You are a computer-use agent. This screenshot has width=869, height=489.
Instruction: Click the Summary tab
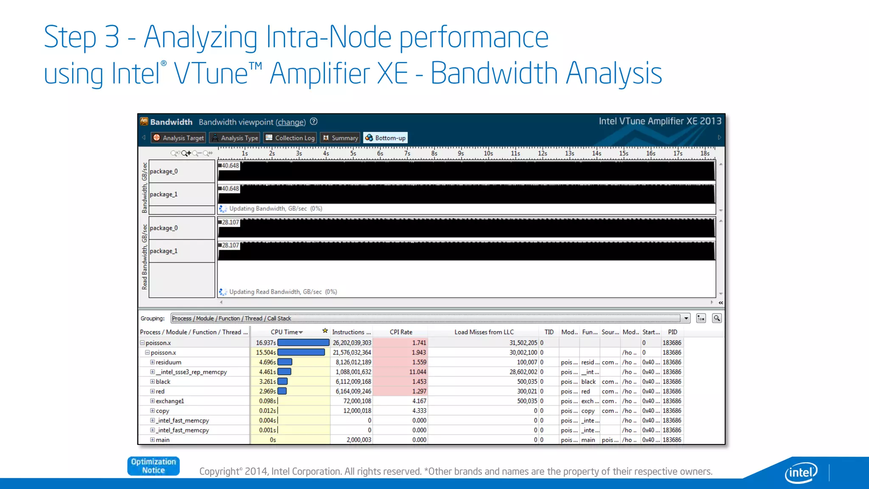(x=340, y=138)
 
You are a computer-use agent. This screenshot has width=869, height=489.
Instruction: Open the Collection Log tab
(x=290, y=138)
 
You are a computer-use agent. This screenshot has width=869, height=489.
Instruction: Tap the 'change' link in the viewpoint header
(x=291, y=122)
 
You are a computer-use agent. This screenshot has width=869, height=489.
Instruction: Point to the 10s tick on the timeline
(x=488, y=154)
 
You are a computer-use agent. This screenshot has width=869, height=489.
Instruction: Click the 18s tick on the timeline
(x=704, y=154)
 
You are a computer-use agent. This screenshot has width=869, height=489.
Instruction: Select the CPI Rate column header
(x=401, y=332)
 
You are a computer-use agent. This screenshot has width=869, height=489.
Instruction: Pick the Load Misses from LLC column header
(x=484, y=332)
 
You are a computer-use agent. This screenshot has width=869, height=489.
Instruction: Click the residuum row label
(x=168, y=362)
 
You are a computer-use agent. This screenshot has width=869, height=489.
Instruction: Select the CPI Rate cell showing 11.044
(x=418, y=372)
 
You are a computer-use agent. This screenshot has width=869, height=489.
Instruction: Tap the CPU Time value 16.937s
(x=266, y=343)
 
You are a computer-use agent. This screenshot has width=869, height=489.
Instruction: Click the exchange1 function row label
(x=170, y=401)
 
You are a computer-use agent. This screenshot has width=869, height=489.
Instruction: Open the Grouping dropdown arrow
(x=686, y=318)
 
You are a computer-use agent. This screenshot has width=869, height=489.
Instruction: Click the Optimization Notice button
(x=153, y=466)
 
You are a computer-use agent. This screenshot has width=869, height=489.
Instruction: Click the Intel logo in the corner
(x=801, y=472)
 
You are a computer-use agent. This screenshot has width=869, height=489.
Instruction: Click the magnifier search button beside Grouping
(x=717, y=318)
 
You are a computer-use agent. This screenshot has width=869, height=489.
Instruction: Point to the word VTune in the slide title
(x=211, y=73)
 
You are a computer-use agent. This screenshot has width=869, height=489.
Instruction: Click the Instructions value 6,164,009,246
(x=353, y=391)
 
